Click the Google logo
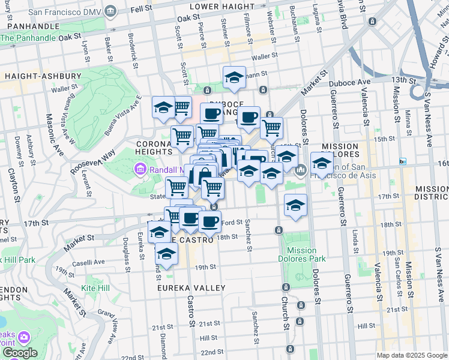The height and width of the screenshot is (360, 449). click(x=19, y=353)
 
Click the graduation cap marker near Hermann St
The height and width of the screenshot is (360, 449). click(x=235, y=77)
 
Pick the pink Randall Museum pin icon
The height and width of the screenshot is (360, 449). click(x=140, y=170)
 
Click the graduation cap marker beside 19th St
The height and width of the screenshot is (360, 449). click(x=166, y=253)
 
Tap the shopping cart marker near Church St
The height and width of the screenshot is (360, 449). click(x=271, y=127)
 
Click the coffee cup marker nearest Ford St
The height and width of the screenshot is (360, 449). click(x=209, y=222)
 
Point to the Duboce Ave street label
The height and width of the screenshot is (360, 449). click(x=357, y=82)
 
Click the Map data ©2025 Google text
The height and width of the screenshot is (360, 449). click(x=412, y=355)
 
